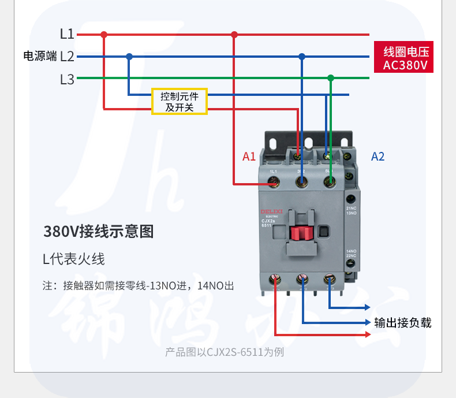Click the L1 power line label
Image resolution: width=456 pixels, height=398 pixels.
[x=67, y=34]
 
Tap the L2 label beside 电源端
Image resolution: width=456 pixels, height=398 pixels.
[x=67, y=57]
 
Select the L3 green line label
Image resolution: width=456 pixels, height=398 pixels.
[x=67, y=79]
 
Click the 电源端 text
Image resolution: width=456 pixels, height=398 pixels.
[x=40, y=57]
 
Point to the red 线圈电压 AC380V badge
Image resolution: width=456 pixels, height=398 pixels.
[x=404, y=58]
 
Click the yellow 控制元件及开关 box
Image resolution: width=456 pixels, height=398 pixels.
[x=180, y=102]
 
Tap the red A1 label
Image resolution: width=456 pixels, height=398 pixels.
[x=249, y=157]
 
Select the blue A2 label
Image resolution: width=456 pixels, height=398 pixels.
[x=377, y=157]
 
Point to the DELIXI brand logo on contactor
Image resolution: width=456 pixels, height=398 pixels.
[x=271, y=212]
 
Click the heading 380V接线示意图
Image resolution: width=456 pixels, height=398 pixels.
[x=99, y=232]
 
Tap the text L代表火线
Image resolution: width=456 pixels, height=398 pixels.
[x=74, y=259]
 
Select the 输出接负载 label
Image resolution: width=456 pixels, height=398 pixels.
[x=403, y=323]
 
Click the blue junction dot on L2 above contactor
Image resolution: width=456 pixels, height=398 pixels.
[x=301, y=57]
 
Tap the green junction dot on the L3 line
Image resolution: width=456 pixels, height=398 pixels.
[x=331, y=78]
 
